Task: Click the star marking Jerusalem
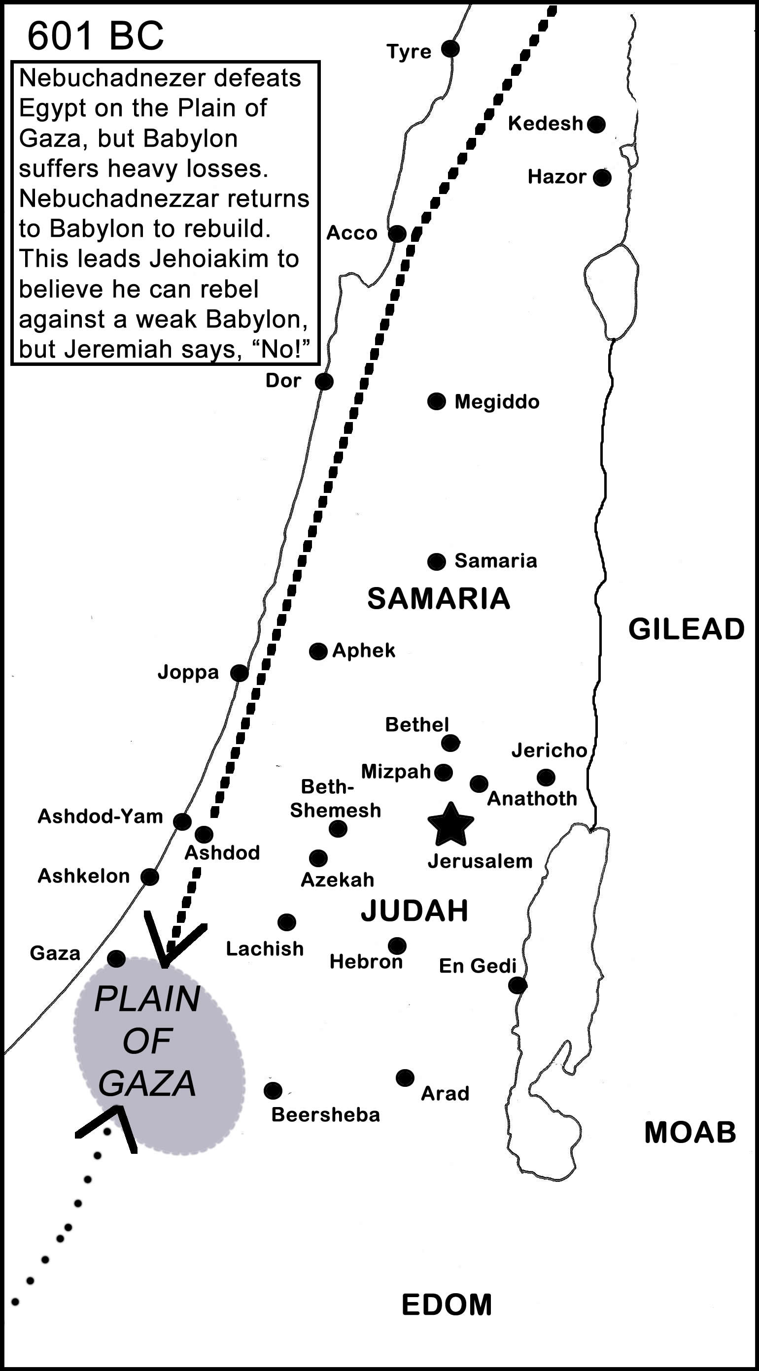[450, 825]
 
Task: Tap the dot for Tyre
[450, 49]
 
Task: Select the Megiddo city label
[496, 402]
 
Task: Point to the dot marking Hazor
[602, 177]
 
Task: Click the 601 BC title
[96, 36]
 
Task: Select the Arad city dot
[405, 1078]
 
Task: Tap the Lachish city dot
[286, 922]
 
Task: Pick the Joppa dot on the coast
[239, 673]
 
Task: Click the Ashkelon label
[84, 876]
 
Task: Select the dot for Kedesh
[596, 124]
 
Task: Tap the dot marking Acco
[397, 233]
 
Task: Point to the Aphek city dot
[318, 651]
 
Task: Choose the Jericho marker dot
[546, 777]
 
